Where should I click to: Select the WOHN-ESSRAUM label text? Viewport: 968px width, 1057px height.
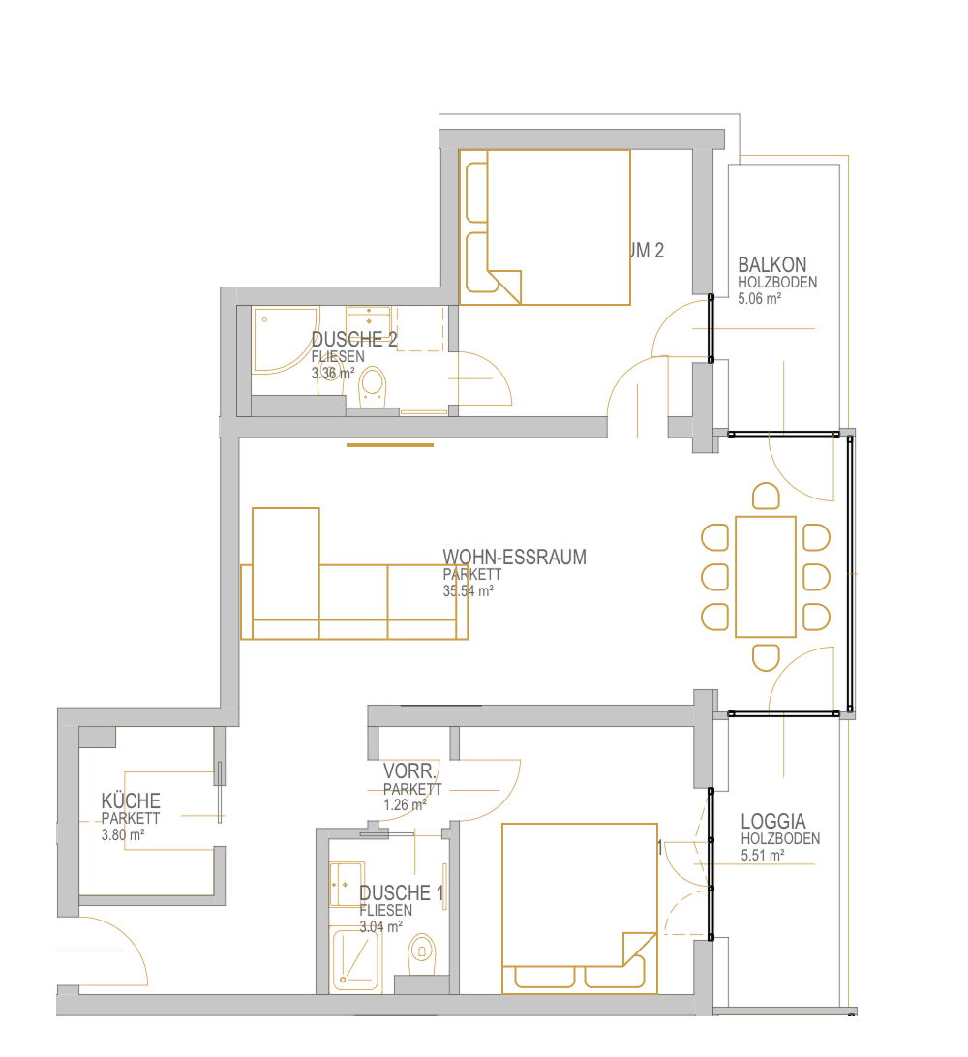click(514, 557)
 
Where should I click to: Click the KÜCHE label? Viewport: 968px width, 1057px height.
click(131, 801)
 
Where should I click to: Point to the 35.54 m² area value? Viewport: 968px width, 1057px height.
click(468, 589)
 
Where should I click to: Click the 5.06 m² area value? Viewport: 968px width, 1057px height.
click(759, 299)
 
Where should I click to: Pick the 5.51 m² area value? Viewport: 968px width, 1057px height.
click(762, 856)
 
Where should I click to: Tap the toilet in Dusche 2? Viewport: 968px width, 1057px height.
click(373, 387)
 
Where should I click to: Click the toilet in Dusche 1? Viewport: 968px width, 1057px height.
click(422, 953)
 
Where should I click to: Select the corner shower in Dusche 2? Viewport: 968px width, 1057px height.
click(281, 341)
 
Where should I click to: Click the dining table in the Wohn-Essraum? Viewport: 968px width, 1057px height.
click(765, 577)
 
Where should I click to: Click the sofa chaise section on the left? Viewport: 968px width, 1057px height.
click(286, 571)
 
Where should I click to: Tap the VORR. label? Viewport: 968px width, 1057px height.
click(411, 772)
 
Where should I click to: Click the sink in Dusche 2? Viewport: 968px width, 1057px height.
click(369, 318)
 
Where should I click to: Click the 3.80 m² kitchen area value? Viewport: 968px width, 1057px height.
click(123, 833)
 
